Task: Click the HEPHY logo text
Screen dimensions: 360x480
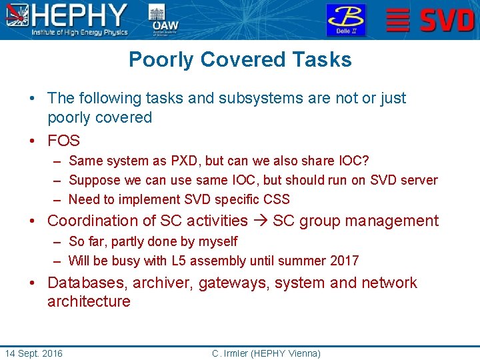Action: pyautogui.click(x=80, y=15)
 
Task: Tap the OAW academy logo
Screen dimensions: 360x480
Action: pyautogui.click(x=157, y=19)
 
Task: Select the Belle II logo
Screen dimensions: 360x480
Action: pyautogui.click(x=345, y=19)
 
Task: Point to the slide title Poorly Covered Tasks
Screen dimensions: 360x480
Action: pyautogui.click(x=240, y=59)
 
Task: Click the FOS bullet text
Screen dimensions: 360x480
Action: pyautogui.click(x=63, y=141)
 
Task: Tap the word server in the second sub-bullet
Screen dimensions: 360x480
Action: pyautogui.click(x=419, y=180)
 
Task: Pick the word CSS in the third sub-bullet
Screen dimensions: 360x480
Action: pyautogui.click(x=276, y=199)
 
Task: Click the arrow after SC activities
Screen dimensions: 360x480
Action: pyautogui.click(x=260, y=221)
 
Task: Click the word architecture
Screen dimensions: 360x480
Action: pyautogui.click(x=89, y=301)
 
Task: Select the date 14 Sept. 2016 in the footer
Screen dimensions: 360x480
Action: pyautogui.click(x=33, y=353)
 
